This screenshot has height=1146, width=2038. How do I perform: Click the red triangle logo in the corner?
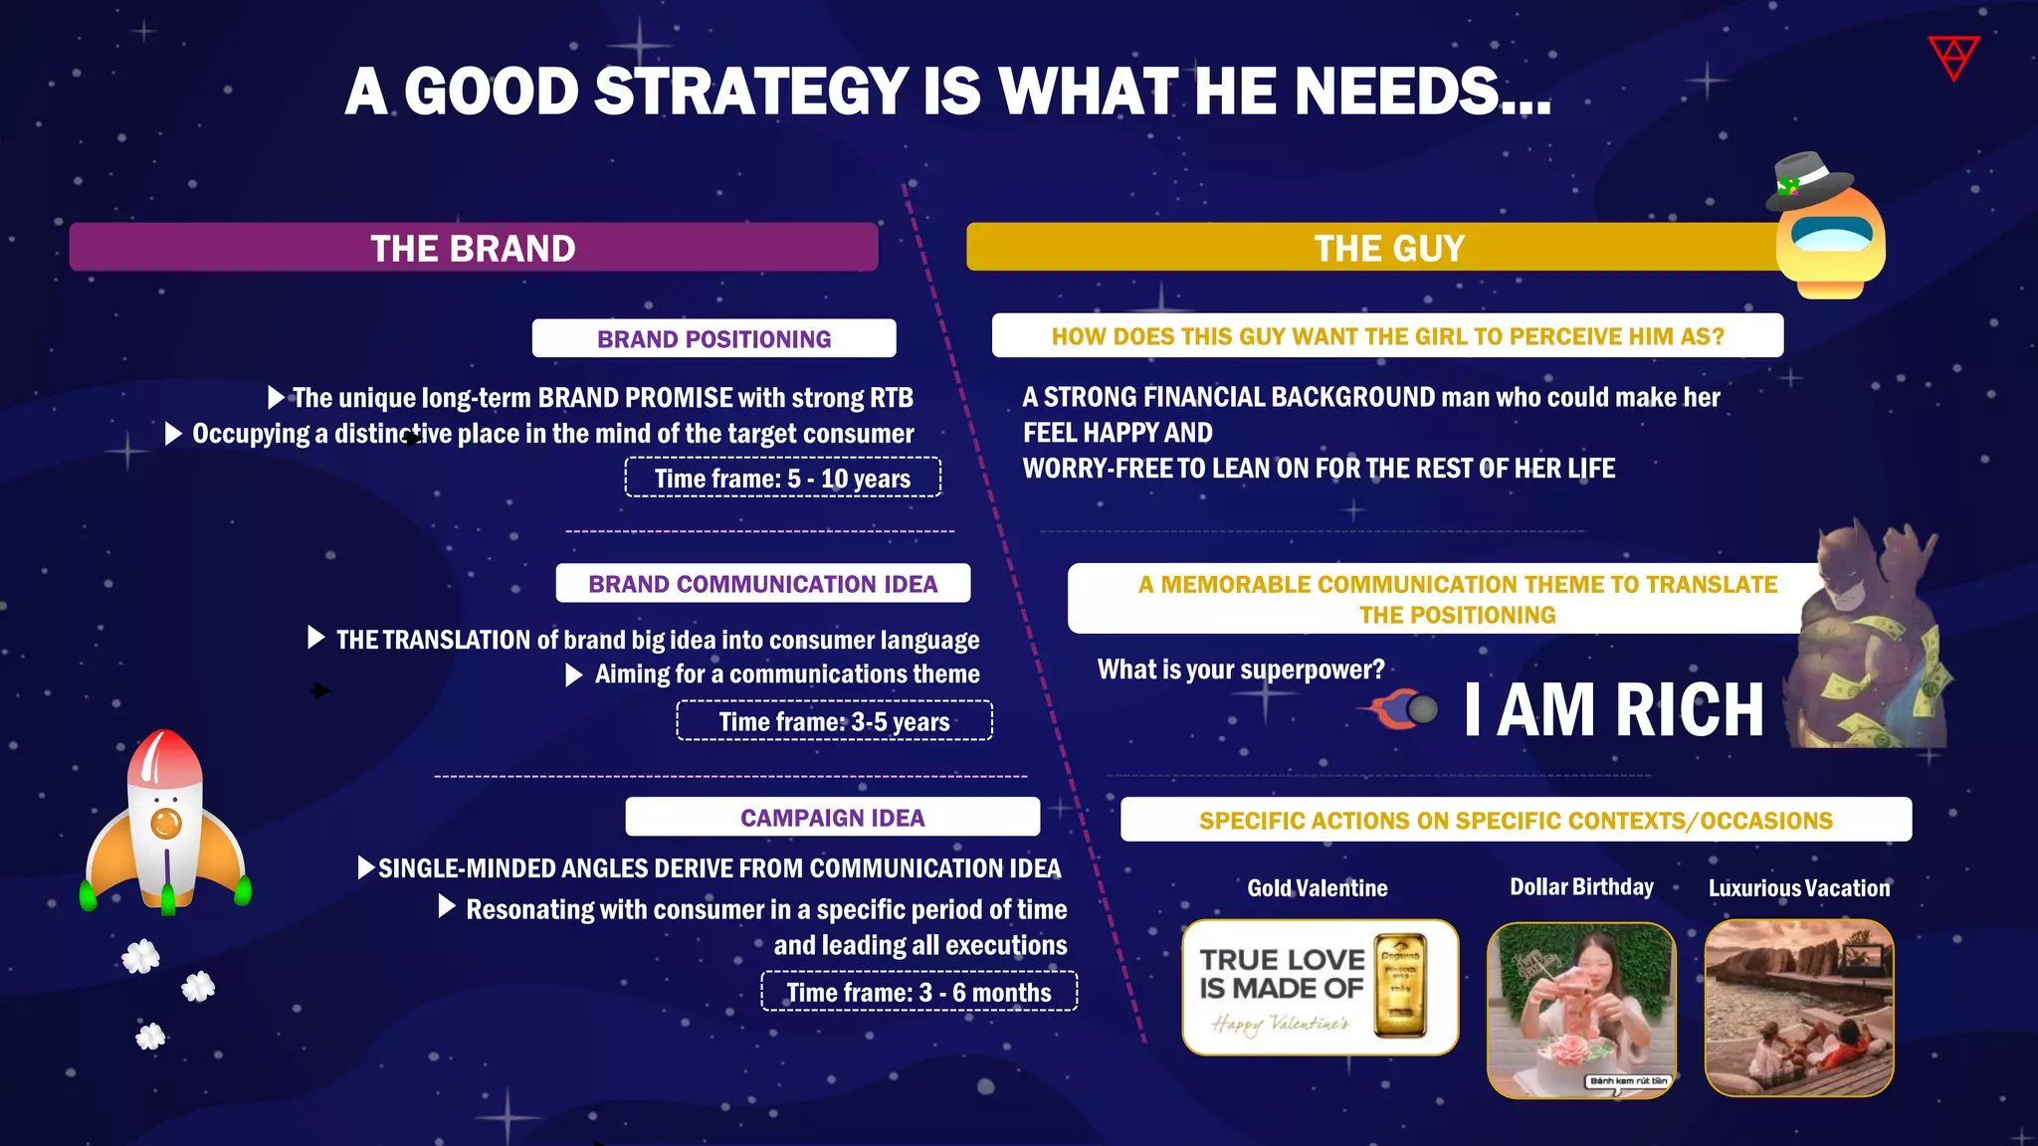pyautogui.click(x=1953, y=57)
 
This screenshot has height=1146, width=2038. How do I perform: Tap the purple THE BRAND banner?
pyautogui.click(x=474, y=248)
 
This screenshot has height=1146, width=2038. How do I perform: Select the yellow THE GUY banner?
pyautogui.click(x=1373, y=248)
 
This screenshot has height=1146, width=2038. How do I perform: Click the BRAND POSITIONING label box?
pyautogui.click(x=713, y=338)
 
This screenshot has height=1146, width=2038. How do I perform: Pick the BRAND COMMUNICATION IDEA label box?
pyautogui.click(x=762, y=583)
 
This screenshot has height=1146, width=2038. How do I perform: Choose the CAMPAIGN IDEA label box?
pyautogui.click(x=832, y=817)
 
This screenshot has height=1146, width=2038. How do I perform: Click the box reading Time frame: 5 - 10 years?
pyautogui.click(x=782, y=477)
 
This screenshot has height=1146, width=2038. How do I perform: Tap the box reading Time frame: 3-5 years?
pyautogui.click(x=834, y=721)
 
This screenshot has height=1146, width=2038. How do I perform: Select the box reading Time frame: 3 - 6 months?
pyautogui.click(x=918, y=992)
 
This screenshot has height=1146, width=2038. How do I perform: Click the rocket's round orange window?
pyautogui.click(x=166, y=823)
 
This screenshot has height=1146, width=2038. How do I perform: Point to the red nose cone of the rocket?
pyautogui.click(x=164, y=756)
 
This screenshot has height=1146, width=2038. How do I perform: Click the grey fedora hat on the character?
pyautogui.click(x=1809, y=179)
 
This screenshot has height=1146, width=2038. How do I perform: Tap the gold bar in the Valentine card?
pyautogui.click(x=1400, y=986)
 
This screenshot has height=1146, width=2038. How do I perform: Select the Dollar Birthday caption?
pyautogui.click(x=1581, y=886)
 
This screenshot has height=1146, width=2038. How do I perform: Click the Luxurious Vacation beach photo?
pyautogui.click(x=1798, y=1008)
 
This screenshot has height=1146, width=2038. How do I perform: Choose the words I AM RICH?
pyautogui.click(x=1613, y=710)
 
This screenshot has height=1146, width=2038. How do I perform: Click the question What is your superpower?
pyautogui.click(x=1240, y=669)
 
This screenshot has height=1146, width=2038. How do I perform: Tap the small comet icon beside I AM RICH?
pyautogui.click(x=1404, y=709)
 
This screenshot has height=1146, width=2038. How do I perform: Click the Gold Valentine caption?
pyautogui.click(x=1317, y=887)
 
